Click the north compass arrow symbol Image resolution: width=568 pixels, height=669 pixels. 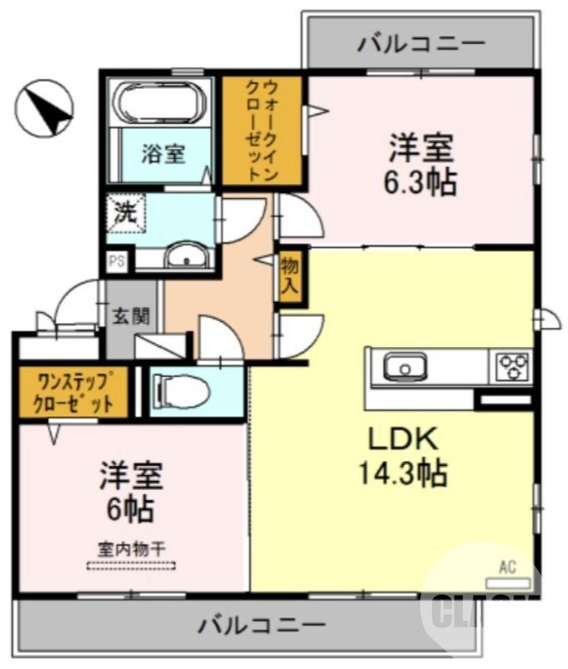tap(47, 110)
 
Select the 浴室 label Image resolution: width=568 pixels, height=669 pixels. tap(163, 155)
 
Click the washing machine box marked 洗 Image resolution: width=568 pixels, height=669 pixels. tap(125, 212)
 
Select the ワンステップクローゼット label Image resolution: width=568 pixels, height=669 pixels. tap(73, 392)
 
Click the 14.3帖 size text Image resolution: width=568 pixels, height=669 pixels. tap(402, 474)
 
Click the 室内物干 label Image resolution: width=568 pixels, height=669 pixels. tap(131, 549)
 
